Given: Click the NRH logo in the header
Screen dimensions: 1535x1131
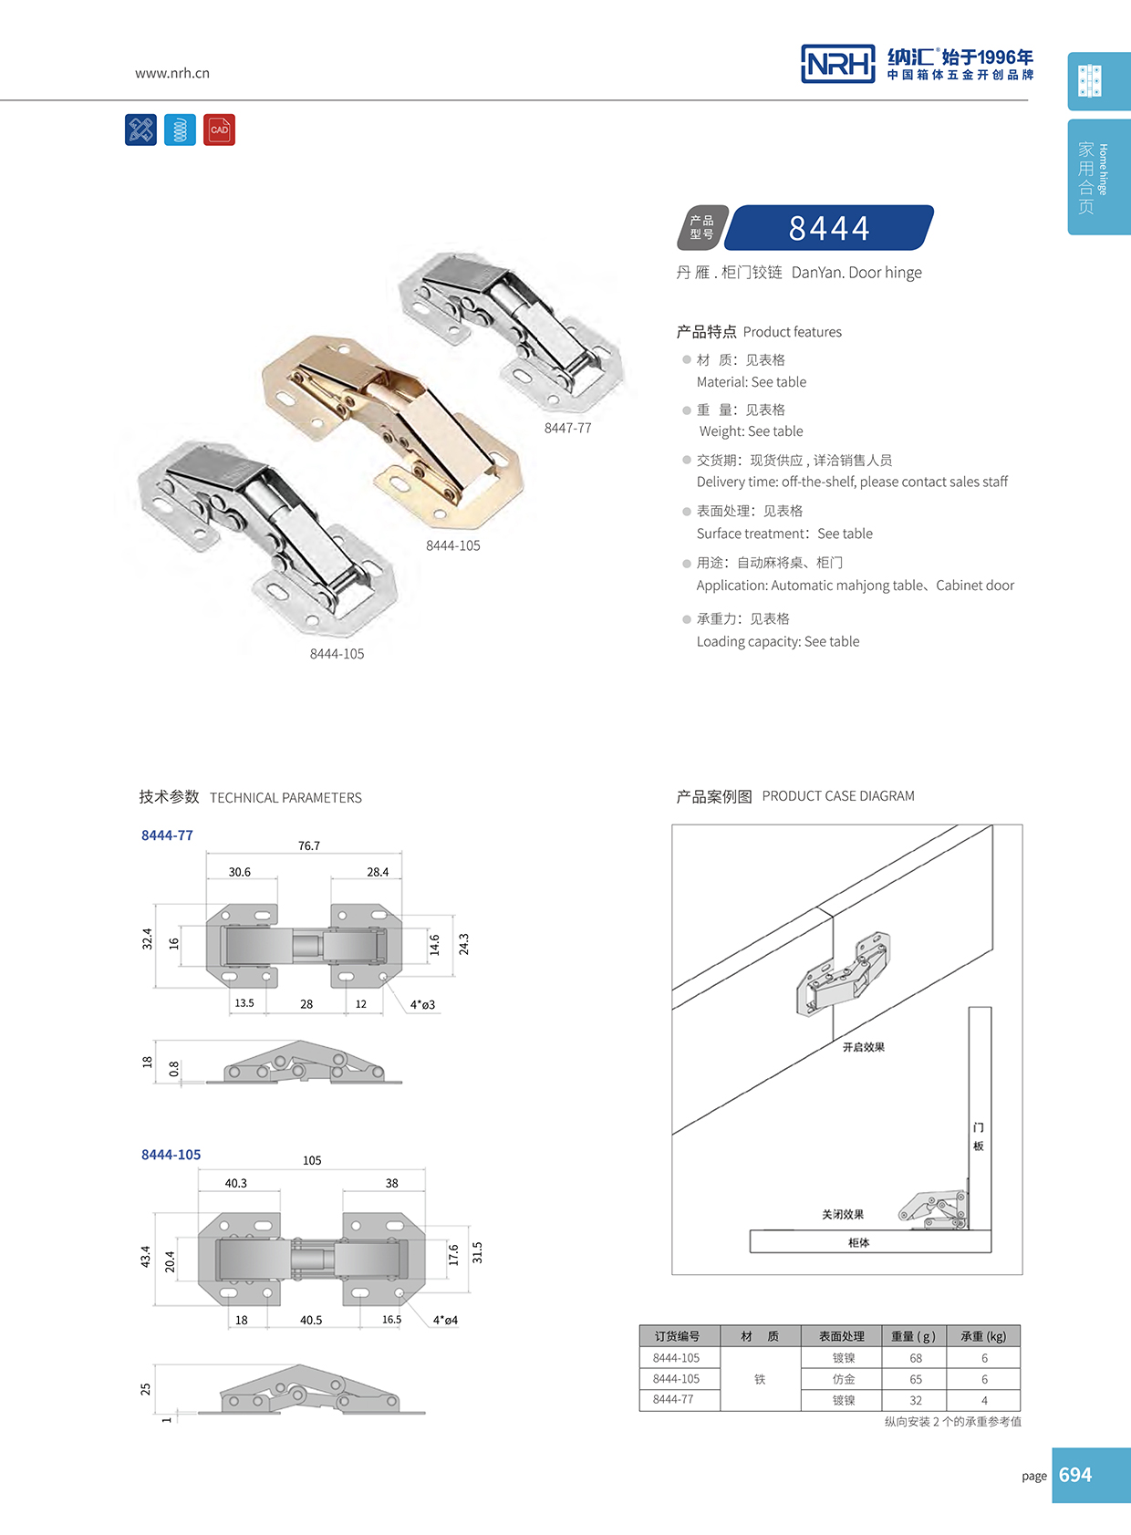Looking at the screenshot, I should tap(837, 64).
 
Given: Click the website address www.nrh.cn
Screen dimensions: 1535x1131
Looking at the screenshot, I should tap(172, 73).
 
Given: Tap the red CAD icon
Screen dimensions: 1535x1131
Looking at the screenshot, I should tap(219, 130).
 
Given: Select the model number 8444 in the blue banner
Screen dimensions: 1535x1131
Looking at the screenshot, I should tap(829, 228).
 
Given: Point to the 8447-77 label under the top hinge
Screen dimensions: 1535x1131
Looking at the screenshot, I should tap(567, 428).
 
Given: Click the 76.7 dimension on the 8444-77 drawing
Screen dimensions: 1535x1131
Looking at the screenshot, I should tap(309, 845).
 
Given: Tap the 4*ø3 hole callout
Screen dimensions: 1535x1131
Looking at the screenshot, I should tap(422, 1004).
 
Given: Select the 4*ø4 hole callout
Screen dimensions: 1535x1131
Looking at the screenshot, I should tap(445, 1320).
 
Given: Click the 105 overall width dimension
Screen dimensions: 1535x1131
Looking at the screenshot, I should tap(312, 1160).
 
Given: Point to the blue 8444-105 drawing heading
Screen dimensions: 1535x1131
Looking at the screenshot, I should tap(171, 1154).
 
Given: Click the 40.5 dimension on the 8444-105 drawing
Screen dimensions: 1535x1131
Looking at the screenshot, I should tap(311, 1320).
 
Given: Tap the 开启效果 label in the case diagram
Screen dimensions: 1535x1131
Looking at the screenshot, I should tap(863, 1047).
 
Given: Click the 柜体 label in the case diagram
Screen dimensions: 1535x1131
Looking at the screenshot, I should tap(858, 1242).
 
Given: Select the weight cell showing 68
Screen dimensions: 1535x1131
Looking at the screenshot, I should tap(916, 1358).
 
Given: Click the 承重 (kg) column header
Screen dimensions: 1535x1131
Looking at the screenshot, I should tap(983, 1336).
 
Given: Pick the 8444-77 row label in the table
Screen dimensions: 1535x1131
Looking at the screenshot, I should tap(673, 1399).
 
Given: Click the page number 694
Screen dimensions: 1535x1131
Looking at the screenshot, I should tap(1075, 1475).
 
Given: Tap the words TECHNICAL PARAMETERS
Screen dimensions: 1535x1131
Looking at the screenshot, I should tap(285, 798).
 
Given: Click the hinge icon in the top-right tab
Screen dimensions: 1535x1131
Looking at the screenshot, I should tap(1090, 80).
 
